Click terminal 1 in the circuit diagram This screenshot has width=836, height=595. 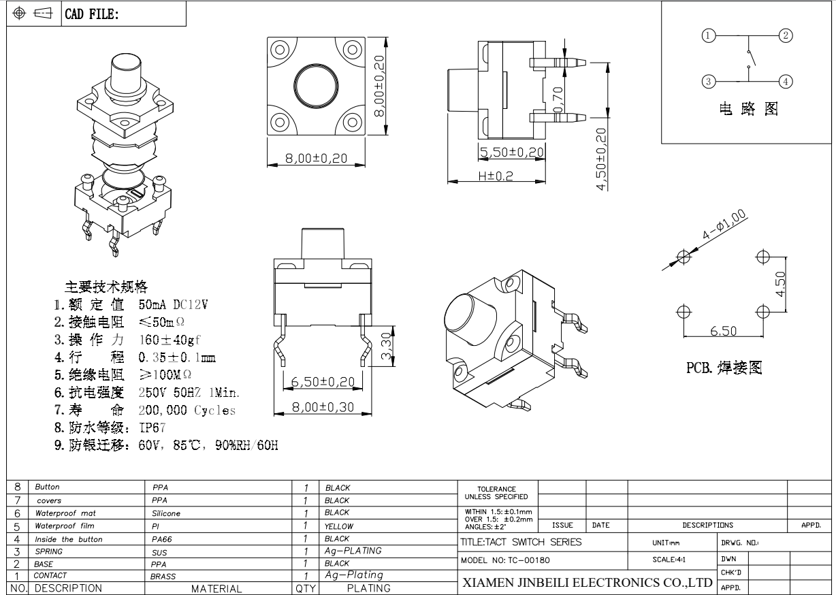click(709, 35)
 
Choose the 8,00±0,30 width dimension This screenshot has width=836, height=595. click(323, 406)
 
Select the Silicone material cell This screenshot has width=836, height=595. click(166, 513)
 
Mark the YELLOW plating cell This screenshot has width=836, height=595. click(340, 526)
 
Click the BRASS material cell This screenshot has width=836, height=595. click(163, 577)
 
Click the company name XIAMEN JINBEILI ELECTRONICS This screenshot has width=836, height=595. click(587, 583)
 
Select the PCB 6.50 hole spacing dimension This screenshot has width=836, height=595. click(723, 331)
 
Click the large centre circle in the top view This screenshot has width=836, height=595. click(315, 86)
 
